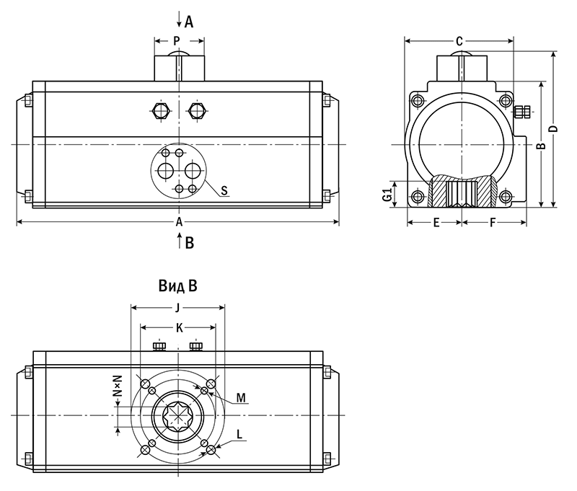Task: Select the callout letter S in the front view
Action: tap(224, 190)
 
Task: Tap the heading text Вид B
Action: tap(177, 286)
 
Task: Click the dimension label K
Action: tap(177, 328)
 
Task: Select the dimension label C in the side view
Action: tap(459, 40)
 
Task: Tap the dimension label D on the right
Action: tap(553, 128)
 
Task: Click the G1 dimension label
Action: tap(387, 194)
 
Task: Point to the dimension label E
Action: tap(436, 223)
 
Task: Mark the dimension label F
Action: tap(493, 223)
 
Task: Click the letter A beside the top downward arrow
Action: tap(189, 22)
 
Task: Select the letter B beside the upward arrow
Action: tap(190, 243)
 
